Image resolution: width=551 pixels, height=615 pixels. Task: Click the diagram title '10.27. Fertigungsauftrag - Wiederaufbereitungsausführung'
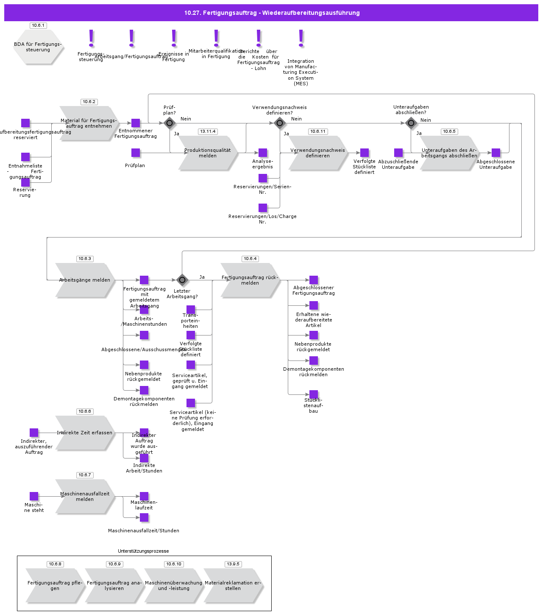coord(272,13)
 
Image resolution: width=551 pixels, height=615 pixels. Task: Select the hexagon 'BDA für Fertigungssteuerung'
coord(38,47)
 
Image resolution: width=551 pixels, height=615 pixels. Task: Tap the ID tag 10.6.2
coord(89,102)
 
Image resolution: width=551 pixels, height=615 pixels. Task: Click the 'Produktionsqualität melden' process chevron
coord(208,153)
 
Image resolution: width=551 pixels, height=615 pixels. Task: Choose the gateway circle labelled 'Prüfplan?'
coord(170,123)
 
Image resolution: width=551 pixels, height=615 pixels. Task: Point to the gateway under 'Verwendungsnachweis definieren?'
coord(280,123)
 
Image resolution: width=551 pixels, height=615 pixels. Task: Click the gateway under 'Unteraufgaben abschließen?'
coord(411,123)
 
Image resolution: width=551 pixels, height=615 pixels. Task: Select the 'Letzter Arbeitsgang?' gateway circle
coord(182,280)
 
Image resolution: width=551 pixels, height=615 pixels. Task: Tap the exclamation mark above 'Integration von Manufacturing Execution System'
coord(301,38)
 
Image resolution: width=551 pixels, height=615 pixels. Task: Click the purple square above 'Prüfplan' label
coord(136,153)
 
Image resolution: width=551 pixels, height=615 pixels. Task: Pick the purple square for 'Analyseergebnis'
coord(263,153)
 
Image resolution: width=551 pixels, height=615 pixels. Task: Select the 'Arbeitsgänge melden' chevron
coord(85,280)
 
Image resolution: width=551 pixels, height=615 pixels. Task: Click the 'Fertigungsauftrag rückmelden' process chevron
coord(250,280)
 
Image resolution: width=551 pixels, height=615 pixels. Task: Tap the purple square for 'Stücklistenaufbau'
coord(314,394)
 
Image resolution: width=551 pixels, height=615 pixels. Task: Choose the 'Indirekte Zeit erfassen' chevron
coord(85,433)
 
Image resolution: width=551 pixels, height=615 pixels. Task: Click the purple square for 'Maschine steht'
coord(34,496)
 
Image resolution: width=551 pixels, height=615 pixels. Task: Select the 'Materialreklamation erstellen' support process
coord(233,585)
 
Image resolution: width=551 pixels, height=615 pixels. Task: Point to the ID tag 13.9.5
coord(233,564)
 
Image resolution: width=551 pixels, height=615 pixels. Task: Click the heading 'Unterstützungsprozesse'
coord(143,551)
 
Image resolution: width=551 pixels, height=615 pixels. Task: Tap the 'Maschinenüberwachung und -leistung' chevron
coord(174,585)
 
